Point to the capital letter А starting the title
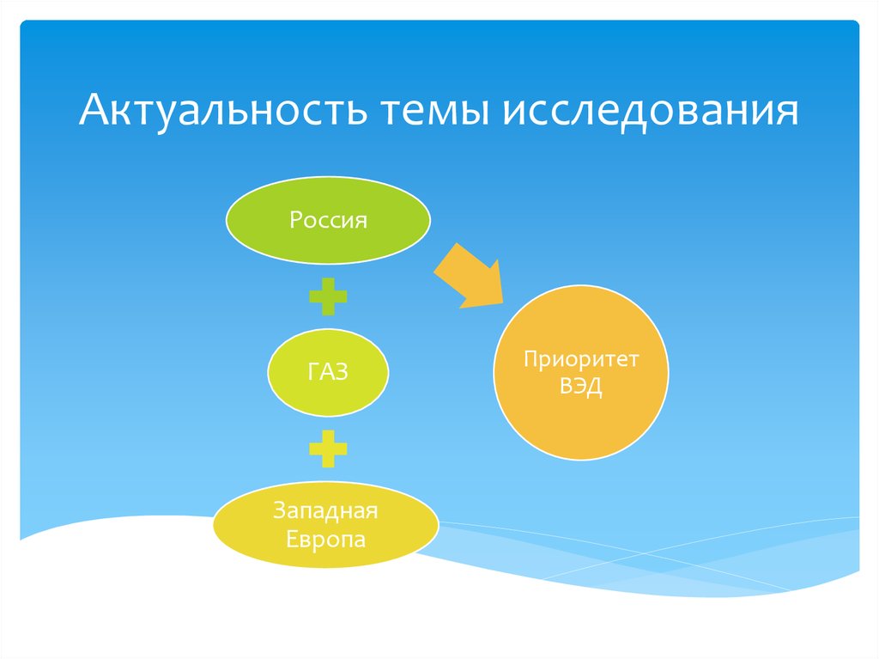click(94, 113)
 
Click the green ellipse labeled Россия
click(328, 221)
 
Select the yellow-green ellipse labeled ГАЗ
click(328, 372)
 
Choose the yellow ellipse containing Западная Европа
click(325, 526)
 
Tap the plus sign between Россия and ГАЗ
click(328, 297)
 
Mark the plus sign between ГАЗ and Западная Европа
click(328, 448)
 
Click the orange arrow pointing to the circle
click(467, 274)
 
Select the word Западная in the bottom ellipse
click(325, 512)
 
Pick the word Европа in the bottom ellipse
click(325, 540)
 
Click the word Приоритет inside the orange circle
click(580, 359)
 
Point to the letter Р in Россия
click(295, 221)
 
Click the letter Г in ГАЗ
click(312, 372)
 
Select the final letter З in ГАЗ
click(343, 372)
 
